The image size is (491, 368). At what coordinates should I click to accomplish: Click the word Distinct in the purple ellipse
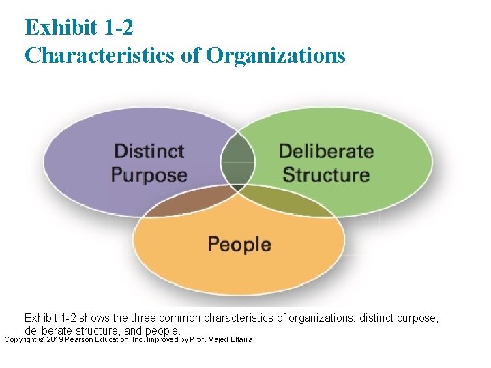[149, 151]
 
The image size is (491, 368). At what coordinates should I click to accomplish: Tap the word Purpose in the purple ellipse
[149, 174]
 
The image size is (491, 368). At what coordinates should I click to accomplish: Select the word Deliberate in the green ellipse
[326, 151]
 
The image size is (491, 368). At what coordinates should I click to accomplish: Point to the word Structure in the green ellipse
[326, 174]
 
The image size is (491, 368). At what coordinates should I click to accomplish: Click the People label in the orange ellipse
[239, 244]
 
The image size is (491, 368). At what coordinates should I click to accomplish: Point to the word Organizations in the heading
[276, 55]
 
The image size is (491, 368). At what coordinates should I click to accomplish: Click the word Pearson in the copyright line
[85, 339]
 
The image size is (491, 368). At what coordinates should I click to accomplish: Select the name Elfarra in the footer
[241, 339]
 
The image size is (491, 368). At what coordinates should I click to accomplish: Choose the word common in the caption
[181, 318]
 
